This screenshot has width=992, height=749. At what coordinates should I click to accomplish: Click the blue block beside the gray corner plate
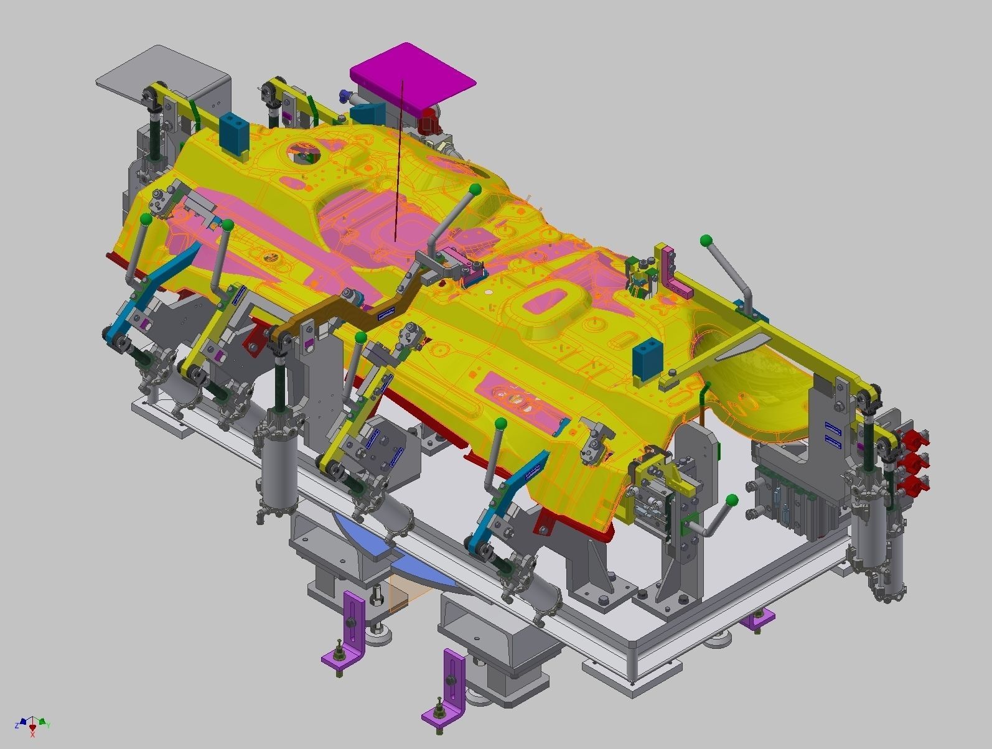[234, 133]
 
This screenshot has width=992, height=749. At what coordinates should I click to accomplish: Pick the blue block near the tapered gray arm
[646, 359]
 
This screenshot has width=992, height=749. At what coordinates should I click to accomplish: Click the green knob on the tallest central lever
[475, 188]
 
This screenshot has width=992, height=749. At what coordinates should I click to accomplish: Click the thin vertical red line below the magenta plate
[399, 162]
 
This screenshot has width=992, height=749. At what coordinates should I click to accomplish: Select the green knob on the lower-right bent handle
[732, 499]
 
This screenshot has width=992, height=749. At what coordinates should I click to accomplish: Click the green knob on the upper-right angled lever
[705, 240]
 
